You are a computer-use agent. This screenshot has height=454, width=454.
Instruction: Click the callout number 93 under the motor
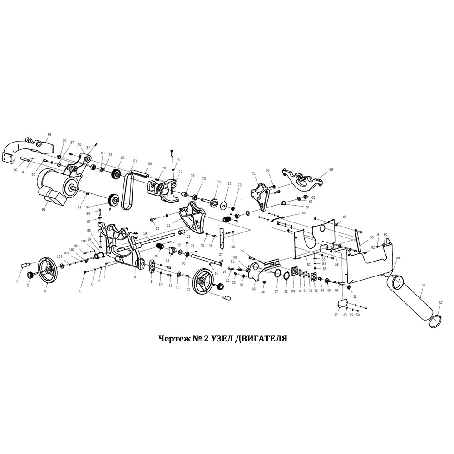[x=44, y=209]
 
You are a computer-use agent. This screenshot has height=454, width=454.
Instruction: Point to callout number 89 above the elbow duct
[x=49, y=134]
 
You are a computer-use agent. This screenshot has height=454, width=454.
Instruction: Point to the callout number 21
[x=168, y=225]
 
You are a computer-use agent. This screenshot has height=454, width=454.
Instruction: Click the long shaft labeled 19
[x=150, y=237]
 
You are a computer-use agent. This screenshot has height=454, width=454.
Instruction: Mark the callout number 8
[x=134, y=276]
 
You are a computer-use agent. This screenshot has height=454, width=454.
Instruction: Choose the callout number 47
[x=336, y=315]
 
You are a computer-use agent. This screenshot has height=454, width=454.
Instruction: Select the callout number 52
[x=308, y=264]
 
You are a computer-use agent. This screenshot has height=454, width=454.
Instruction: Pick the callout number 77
[x=180, y=172]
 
